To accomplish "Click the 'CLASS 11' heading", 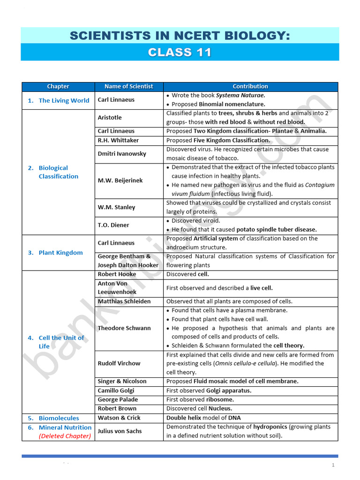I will click(x=180, y=52).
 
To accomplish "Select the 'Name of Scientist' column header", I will click(x=128, y=86).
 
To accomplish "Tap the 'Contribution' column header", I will click(x=250, y=86).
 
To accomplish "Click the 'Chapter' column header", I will click(x=58, y=86).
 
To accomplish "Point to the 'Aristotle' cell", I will click(x=110, y=118).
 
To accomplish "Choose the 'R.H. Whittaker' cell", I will click(x=118, y=140).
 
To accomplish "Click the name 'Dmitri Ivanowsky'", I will click(x=122, y=154).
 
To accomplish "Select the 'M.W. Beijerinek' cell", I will click(x=120, y=180).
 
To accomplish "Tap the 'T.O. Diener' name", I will click(x=113, y=225).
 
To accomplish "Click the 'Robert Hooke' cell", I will click(x=117, y=274).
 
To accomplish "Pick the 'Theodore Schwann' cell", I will click(x=124, y=328).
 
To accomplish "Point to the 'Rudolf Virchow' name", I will click(x=119, y=363).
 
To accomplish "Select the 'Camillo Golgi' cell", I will click(x=116, y=390).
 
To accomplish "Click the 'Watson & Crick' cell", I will click(x=119, y=418).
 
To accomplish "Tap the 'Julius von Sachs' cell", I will click(x=120, y=431).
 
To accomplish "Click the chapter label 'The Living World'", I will click(x=64, y=100).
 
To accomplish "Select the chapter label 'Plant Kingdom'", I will click(x=60, y=253).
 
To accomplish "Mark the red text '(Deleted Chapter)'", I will click(x=65, y=436).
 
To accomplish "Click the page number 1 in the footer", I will click(x=333, y=465).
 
